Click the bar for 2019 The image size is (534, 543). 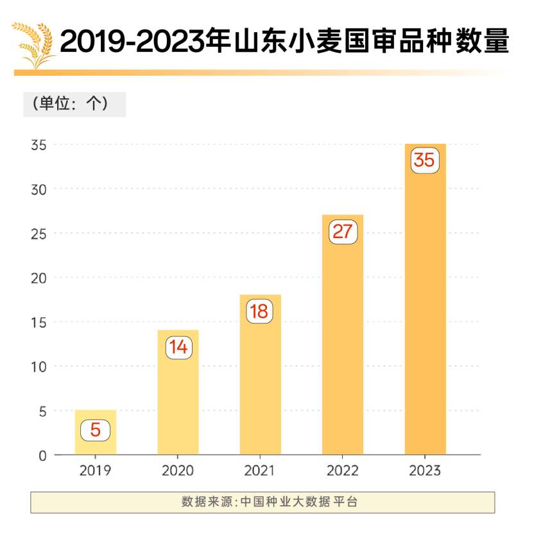tap(95, 432)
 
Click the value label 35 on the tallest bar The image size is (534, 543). tap(424, 160)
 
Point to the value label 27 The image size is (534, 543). tap(343, 231)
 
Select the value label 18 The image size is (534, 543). tap(259, 311)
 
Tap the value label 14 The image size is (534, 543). tap(178, 347)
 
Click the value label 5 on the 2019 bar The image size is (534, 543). tap(95, 429)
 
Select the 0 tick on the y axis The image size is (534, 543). tap(42, 456)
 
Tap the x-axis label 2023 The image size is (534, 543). tap(424, 471)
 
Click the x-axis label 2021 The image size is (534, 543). tap(259, 471)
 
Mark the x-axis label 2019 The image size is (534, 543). tap(95, 471)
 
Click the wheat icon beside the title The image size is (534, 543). tap(33, 45)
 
